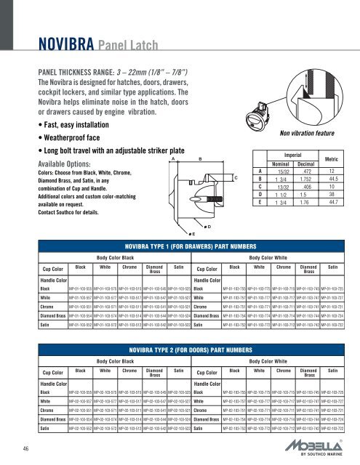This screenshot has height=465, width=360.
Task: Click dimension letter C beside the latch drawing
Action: click(x=236, y=178)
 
